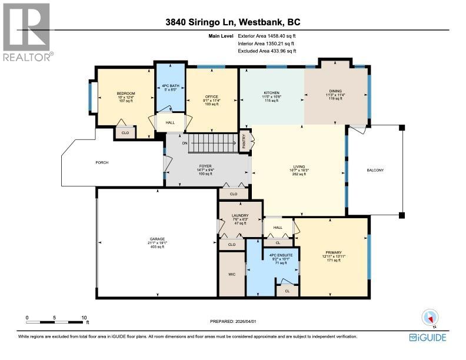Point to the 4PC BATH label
point(170,87)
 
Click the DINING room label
point(335,91)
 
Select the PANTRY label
point(242,142)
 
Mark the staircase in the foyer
point(214,142)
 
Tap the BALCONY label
point(375,171)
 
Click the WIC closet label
point(232,274)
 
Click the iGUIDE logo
point(428,337)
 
